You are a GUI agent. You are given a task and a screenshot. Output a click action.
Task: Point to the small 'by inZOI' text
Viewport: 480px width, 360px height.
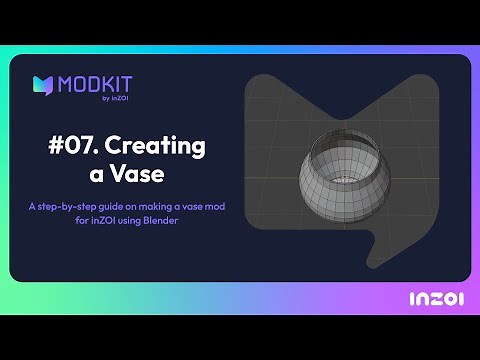(119, 97)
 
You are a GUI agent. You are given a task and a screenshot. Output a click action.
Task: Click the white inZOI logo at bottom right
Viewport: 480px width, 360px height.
(434, 298)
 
